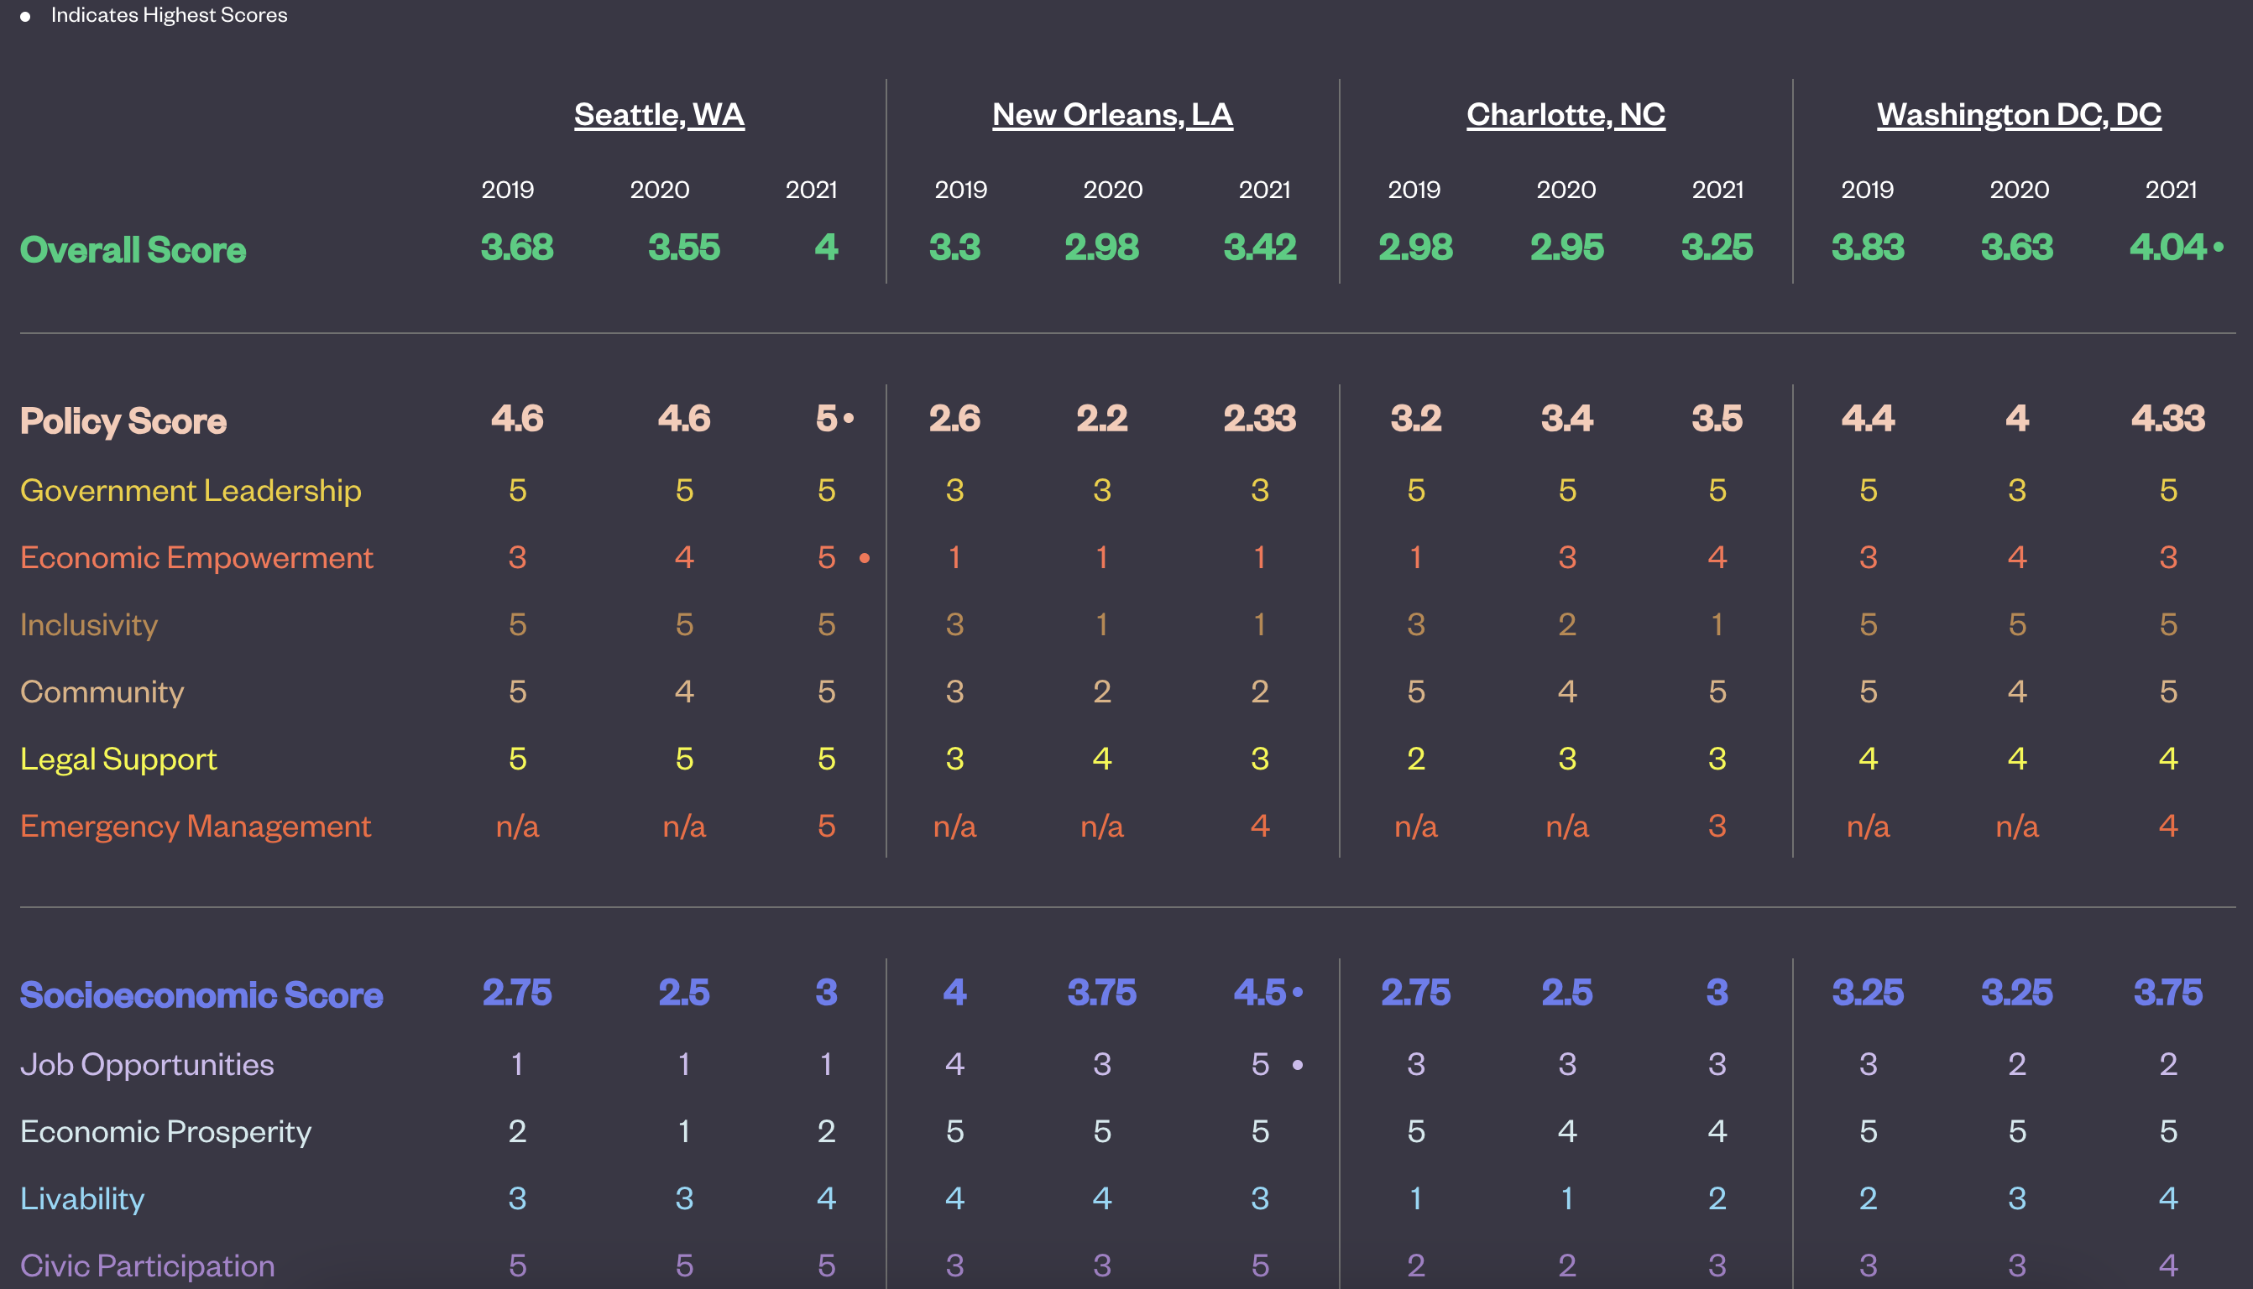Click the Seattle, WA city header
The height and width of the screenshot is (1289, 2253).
659,114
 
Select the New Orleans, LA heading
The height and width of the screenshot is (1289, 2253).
1112,114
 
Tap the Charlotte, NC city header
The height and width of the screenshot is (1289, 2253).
1566,114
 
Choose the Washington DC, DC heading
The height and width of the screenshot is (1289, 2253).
2019,114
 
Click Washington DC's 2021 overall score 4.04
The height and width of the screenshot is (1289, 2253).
2167,247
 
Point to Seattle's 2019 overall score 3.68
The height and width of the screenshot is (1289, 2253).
517,247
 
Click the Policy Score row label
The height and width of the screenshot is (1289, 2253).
123,420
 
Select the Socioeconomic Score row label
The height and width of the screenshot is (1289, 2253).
201,994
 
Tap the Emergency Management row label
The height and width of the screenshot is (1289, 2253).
196,826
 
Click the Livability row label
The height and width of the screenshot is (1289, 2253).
82,1198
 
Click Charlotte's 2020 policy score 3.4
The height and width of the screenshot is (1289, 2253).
1566,418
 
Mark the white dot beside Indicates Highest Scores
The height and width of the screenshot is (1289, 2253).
25,17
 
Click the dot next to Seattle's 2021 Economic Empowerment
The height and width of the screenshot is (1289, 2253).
864,558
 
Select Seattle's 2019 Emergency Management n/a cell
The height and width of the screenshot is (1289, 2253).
517,826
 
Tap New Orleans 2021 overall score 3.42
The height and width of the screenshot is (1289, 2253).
1259,247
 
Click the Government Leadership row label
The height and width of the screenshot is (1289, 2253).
191,489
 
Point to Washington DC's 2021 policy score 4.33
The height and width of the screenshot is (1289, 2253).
2167,418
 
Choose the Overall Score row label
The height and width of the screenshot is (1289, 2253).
133,249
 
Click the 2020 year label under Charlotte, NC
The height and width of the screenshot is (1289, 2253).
1566,190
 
